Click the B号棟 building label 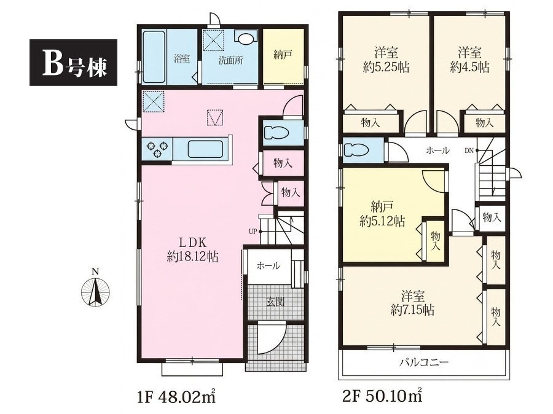[73, 63]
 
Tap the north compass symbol [95, 290]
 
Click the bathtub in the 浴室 [154, 57]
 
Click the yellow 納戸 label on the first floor [283, 55]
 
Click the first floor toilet [277, 133]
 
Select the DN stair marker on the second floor [469, 150]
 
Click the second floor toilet [356, 150]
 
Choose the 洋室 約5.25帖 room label [386, 60]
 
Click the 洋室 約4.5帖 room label [470, 60]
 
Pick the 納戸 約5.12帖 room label [382, 214]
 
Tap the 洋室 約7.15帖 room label [412, 303]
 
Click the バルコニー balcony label [424, 362]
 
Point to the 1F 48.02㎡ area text [176, 397]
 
